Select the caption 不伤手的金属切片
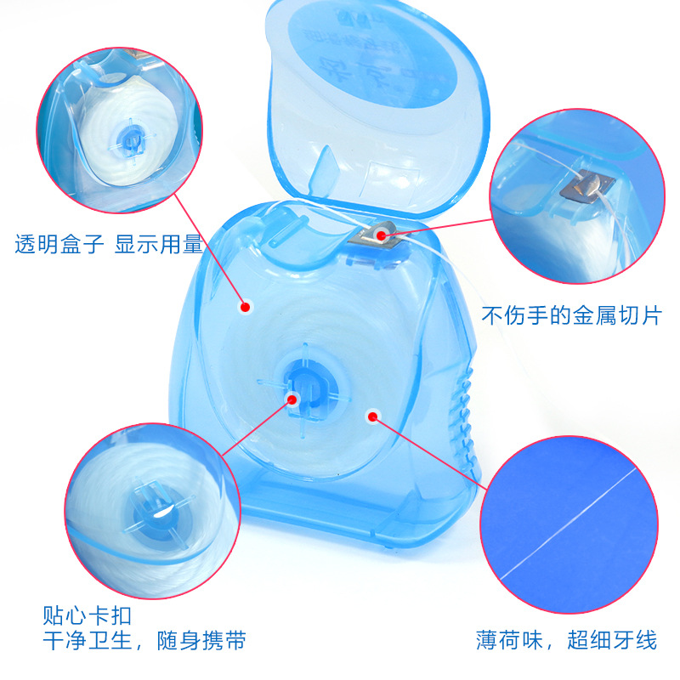click(571, 316)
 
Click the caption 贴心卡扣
click(88, 614)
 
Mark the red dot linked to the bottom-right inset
click(371, 416)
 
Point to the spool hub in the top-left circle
click(130, 138)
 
